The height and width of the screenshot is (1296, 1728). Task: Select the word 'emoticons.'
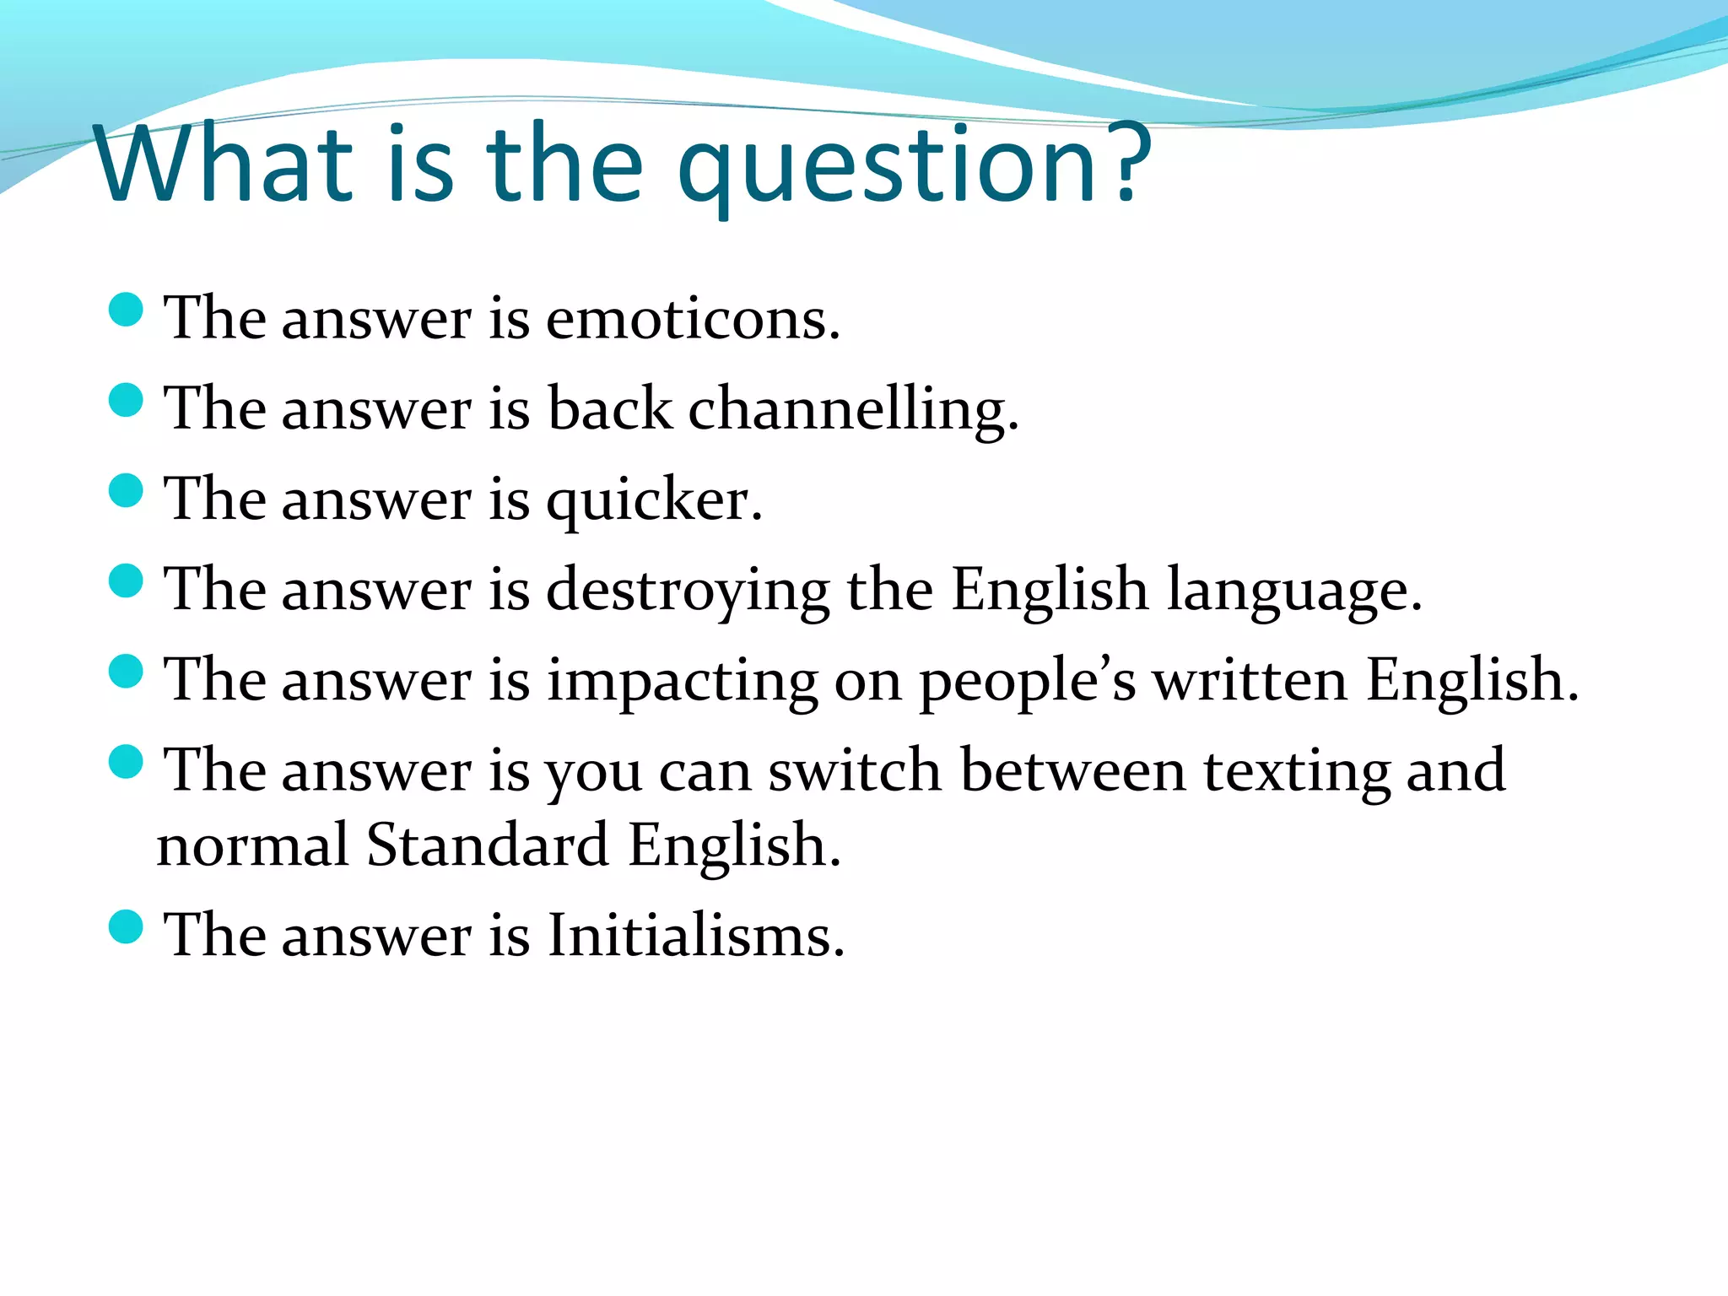click(693, 321)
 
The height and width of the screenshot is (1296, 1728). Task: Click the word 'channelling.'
click(853, 411)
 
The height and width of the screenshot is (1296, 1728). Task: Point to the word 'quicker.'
click(654, 501)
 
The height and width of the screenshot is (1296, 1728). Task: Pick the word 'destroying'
click(688, 591)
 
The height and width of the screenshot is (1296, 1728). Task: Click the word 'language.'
click(1294, 591)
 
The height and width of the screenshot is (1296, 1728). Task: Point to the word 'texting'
click(1295, 772)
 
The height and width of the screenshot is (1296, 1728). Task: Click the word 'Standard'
click(487, 845)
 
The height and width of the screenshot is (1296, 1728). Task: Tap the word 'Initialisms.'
click(695, 937)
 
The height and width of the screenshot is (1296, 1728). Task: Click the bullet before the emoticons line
click(127, 310)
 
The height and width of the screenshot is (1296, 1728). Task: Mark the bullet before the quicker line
click(127, 490)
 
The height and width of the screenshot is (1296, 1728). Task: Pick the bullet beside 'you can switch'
click(127, 761)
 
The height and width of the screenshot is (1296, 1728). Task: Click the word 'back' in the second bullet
click(609, 409)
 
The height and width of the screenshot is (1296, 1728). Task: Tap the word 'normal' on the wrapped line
click(252, 845)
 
